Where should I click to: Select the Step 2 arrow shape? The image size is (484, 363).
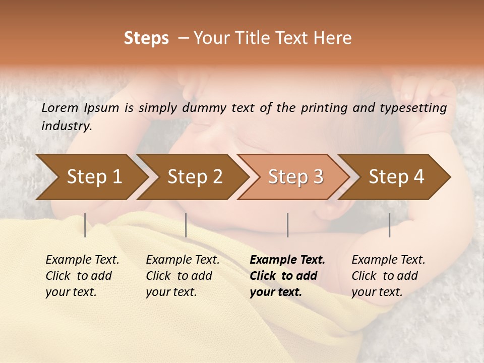point(195,177)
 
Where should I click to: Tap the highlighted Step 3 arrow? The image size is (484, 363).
point(295,177)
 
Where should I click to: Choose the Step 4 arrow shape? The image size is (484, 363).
point(396,177)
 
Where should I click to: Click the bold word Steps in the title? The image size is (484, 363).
point(146,38)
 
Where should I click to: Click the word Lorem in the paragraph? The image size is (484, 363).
point(59,107)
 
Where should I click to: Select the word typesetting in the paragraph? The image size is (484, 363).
point(414,107)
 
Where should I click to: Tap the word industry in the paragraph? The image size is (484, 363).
point(66,126)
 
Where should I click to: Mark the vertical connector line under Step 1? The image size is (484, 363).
point(85,225)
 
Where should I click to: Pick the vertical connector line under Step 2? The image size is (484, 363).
point(186,225)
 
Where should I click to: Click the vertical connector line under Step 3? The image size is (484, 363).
point(287,225)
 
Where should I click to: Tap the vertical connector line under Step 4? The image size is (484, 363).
point(389,225)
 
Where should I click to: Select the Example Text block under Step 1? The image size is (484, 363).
point(82,276)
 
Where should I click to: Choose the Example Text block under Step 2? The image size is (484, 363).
point(182,276)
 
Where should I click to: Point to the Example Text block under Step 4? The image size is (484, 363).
point(388,276)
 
